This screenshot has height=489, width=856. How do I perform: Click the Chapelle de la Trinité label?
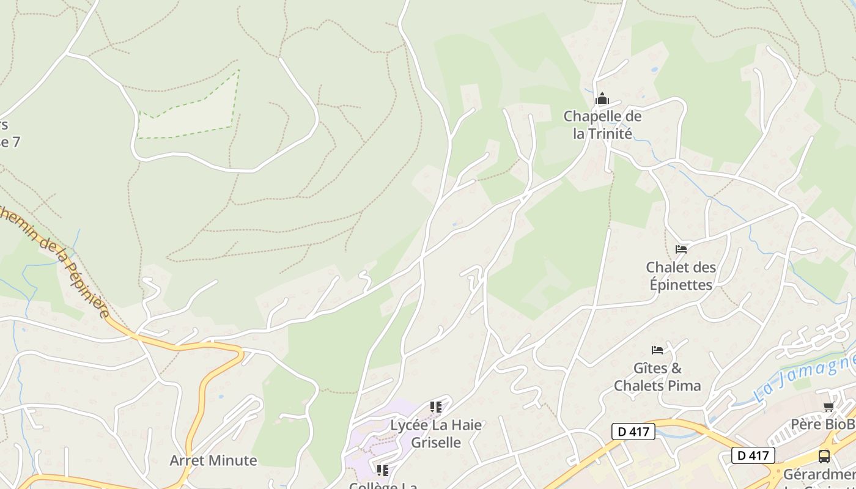click(x=602, y=125)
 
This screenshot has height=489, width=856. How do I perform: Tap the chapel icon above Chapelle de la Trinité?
click(x=602, y=98)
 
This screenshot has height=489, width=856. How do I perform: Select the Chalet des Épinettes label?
click(x=680, y=276)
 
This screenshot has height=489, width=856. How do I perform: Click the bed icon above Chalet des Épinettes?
click(x=681, y=249)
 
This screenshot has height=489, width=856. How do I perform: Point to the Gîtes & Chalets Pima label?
click(x=657, y=377)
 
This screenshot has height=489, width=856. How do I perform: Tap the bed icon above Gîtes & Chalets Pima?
click(x=657, y=350)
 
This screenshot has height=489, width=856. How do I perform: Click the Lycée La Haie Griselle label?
click(x=436, y=433)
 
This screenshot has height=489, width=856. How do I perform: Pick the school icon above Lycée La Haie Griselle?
click(x=436, y=406)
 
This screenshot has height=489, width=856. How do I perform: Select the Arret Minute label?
click(x=213, y=460)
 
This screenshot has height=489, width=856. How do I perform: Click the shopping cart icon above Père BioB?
click(x=828, y=406)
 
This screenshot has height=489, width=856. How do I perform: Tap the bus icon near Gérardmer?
click(x=824, y=456)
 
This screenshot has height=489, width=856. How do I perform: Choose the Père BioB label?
click(x=822, y=424)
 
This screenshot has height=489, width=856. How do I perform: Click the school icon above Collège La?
click(x=383, y=470)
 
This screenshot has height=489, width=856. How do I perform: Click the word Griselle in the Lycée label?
click(x=436, y=442)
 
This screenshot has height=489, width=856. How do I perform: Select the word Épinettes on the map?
click(x=681, y=285)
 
